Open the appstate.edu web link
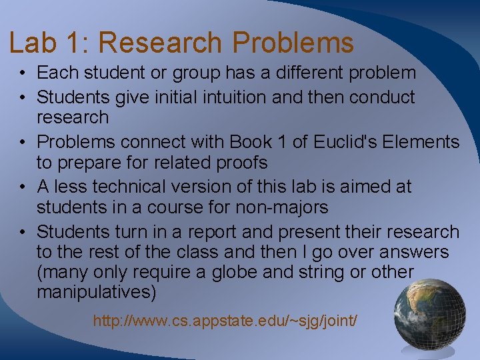tap(225, 321)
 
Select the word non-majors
tap(282, 207)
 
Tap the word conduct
tap(382, 97)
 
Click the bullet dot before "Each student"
tap(22, 73)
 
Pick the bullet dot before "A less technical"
tap(22, 188)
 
